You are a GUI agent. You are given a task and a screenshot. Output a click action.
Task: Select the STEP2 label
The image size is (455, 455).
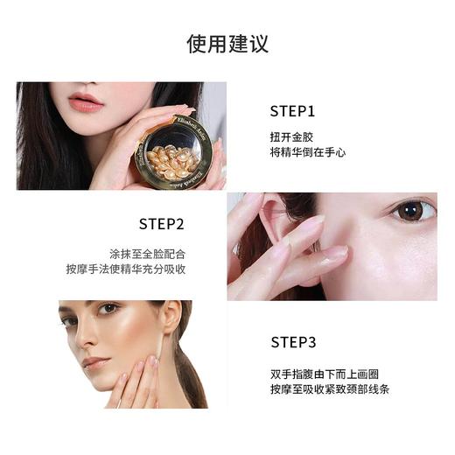pyautogui.click(x=162, y=223)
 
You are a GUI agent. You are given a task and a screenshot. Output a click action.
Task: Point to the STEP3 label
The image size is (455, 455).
pyautogui.click(x=293, y=342)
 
